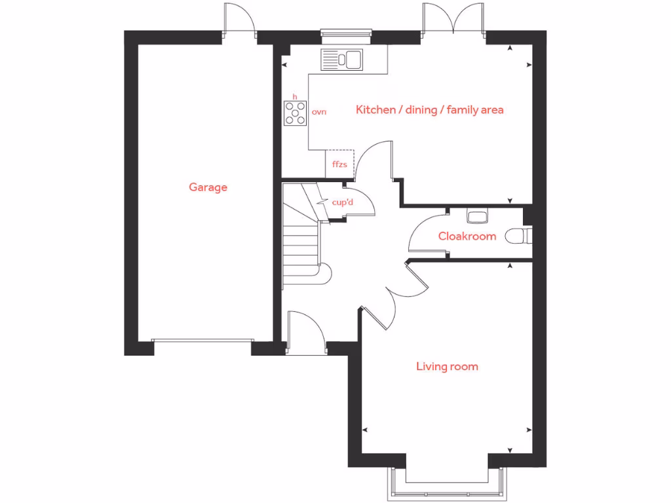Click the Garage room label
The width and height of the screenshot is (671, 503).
[x=208, y=187]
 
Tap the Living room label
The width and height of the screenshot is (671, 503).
[x=447, y=366]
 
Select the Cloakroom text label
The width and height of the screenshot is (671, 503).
[x=467, y=236]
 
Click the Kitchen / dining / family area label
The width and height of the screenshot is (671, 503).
[x=429, y=109]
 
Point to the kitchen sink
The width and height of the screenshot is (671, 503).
[x=341, y=60]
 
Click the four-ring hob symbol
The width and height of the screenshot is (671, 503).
[x=295, y=113]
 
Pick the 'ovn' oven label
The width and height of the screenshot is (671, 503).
[x=318, y=112]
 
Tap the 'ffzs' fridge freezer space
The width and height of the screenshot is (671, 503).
[x=339, y=164]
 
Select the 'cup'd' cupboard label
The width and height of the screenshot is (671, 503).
[x=343, y=202]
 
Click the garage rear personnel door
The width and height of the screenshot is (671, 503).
[x=240, y=20]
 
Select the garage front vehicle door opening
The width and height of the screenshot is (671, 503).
[x=202, y=341]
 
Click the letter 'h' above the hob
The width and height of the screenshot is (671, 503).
[x=295, y=97]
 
